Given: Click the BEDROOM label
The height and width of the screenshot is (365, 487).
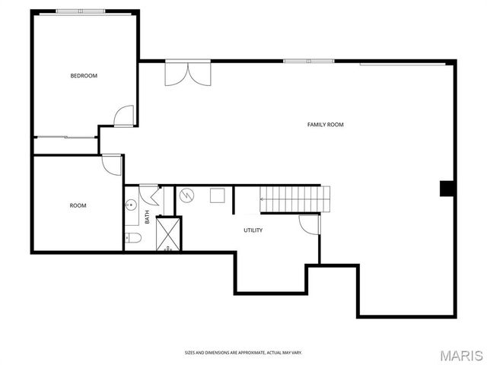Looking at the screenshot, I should tap(84, 75).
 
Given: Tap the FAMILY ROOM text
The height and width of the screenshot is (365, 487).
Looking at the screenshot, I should tap(325, 124).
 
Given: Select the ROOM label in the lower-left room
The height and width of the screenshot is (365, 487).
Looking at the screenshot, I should tap(78, 205).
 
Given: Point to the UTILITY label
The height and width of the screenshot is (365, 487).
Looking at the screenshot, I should tap(253, 230).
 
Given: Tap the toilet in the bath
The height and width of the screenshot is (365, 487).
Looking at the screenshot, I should tap(133, 239).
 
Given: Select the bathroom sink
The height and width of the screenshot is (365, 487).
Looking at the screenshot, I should tap(130, 205).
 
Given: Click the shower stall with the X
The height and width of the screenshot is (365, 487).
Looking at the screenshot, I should tap(168, 233).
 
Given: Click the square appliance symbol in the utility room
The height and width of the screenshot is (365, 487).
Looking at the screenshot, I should tap(217, 195).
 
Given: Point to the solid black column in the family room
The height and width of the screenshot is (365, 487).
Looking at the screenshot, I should tap(447, 189).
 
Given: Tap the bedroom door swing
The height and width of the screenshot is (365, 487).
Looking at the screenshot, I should tap(124, 115).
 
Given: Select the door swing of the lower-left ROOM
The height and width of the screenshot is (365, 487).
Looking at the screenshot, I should tap(111, 164).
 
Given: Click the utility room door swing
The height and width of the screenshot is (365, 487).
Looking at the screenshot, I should tap(309, 224).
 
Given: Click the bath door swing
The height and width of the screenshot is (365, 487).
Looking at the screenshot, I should tap(149, 195).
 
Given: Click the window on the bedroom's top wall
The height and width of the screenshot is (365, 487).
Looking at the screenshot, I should tap(81, 11).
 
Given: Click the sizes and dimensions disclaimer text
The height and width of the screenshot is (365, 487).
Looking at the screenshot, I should tap(243, 352).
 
